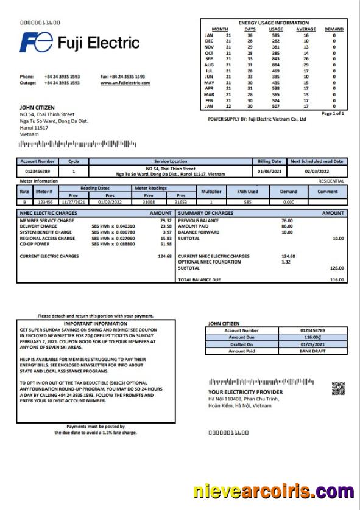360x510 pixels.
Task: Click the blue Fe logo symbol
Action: [x=36, y=43]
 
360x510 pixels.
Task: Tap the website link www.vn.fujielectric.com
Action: [x=125, y=82]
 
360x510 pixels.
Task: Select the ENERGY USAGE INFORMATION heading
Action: [x=274, y=23]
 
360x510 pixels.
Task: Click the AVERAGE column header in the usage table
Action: [x=306, y=29]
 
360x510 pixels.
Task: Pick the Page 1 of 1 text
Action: [x=333, y=113]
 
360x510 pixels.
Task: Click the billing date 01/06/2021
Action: [x=269, y=172]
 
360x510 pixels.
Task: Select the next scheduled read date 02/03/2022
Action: [x=316, y=172]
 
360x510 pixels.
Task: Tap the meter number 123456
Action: [x=45, y=201]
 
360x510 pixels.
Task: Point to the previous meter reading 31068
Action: [x=149, y=201]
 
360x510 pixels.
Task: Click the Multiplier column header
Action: [x=211, y=191]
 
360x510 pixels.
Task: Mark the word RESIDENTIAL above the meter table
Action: [x=331, y=181]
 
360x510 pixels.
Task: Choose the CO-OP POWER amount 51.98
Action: [x=164, y=243]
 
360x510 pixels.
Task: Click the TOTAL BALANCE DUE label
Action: [x=200, y=279]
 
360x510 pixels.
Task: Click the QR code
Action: [x=338, y=387]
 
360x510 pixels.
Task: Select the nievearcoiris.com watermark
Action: [x=274, y=491]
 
